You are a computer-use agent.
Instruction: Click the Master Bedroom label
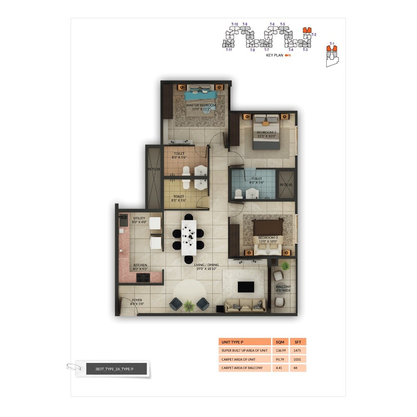coord(201,107)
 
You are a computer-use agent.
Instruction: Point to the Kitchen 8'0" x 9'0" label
coord(140,267)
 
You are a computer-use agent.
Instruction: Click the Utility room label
coord(139,220)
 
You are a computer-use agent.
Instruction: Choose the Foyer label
coord(137,302)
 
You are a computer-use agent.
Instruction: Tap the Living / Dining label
coord(206,266)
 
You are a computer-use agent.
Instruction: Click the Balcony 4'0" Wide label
coord(283,288)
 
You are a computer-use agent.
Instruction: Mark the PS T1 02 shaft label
coord(286,185)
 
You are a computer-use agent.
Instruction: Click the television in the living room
coord(246,287)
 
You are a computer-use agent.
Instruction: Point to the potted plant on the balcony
coord(285,266)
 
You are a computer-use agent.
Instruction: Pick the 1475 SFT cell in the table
coord(298,351)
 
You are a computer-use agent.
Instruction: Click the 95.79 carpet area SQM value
coord(279,359)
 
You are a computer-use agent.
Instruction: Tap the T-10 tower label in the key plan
coord(234,24)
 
